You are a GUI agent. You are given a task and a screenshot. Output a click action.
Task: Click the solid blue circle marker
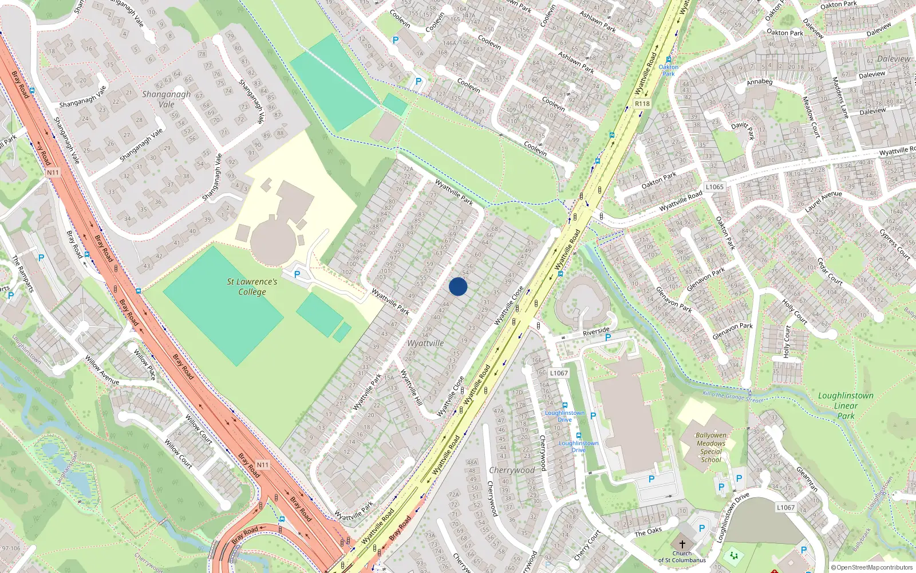tap(458, 286)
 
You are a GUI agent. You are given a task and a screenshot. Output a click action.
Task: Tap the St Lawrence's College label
tap(252, 286)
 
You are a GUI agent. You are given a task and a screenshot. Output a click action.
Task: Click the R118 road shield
tap(642, 104)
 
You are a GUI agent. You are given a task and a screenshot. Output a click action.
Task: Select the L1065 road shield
tap(714, 187)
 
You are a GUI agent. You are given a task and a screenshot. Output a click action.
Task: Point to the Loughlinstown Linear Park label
tap(846, 406)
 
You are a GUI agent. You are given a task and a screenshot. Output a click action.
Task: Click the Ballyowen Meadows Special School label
tap(711, 448)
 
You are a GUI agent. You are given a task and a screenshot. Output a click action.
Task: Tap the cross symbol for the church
tap(682, 544)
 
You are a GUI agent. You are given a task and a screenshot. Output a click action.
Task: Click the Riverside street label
tap(596, 331)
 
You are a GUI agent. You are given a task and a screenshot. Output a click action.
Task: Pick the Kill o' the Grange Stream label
tap(733, 397)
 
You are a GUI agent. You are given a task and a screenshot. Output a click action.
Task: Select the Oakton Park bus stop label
tap(668, 70)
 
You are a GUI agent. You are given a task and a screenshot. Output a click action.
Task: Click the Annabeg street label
tap(760, 82)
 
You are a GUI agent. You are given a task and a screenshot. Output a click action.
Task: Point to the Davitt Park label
tap(744, 129)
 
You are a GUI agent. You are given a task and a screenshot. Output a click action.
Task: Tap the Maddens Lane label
tap(840, 97)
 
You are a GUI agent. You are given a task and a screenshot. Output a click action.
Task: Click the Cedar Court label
tap(830, 271)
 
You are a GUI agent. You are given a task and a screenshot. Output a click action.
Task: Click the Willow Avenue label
tap(102, 370)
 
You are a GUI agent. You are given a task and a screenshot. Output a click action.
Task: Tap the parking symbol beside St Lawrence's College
tap(297, 274)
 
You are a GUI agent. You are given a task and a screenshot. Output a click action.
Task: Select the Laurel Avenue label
tap(823, 202)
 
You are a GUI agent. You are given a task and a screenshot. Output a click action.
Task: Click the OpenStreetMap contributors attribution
tap(871, 567)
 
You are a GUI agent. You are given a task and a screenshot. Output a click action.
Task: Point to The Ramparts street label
tap(23, 274)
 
